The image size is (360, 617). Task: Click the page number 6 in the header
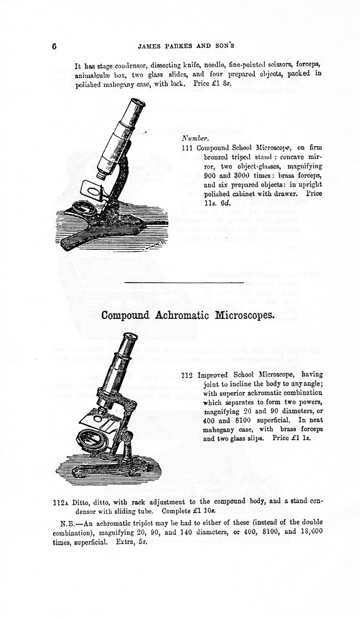click(x=54, y=47)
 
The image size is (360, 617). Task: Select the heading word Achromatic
click(x=182, y=315)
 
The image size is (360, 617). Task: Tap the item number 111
click(x=188, y=148)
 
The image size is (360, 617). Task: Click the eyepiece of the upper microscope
click(x=137, y=102)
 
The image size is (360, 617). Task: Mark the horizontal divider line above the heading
click(x=171, y=282)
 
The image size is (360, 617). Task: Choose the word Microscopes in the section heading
click(x=244, y=315)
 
